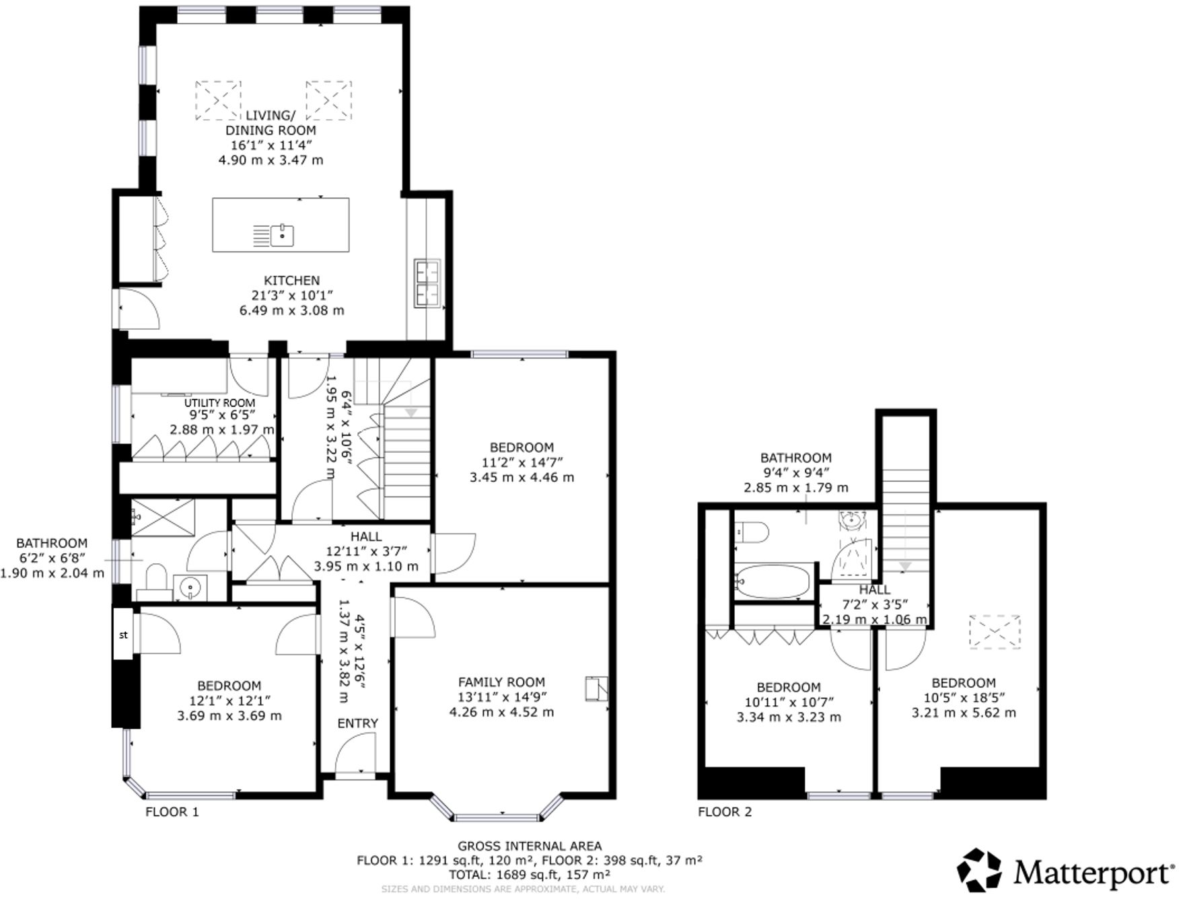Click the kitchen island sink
(x=283, y=235)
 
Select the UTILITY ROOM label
(x=220, y=402)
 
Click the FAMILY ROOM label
(x=501, y=682)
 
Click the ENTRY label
(x=357, y=723)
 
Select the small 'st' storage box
(x=123, y=635)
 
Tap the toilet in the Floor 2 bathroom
(x=752, y=533)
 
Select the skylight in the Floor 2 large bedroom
(x=995, y=631)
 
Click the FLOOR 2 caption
(x=724, y=812)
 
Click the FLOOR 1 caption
(x=172, y=812)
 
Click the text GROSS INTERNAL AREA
(x=530, y=847)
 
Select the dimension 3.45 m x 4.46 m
(x=522, y=478)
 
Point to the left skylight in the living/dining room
(x=218, y=100)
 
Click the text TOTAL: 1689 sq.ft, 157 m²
(x=530, y=875)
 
